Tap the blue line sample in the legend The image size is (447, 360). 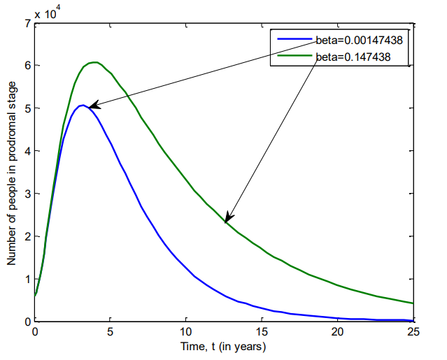click(292, 41)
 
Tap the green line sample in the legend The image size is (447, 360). click(292, 55)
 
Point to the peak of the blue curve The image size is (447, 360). click(83, 106)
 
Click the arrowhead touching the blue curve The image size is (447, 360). click(93, 106)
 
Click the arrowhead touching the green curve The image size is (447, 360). click(228, 219)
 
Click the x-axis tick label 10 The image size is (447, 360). click(186, 331)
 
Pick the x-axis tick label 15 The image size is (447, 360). click(262, 331)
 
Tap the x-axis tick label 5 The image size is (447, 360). click(111, 331)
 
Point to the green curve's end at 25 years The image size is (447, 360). click(413, 303)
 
